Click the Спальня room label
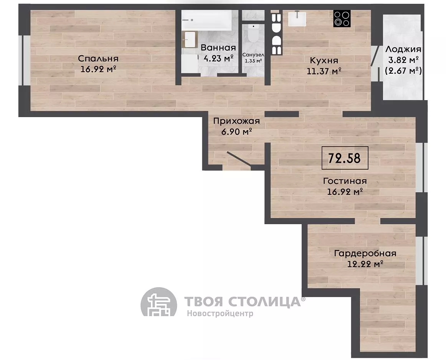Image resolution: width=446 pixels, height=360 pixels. [x=98, y=59]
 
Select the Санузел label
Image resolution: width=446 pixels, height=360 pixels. [x=253, y=54]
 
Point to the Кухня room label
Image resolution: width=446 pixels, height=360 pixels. [x=324, y=61]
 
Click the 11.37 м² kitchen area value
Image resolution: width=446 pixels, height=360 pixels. [x=324, y=71]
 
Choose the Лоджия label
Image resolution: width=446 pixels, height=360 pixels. [x=403, y=50]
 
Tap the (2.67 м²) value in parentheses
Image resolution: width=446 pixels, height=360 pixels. [x=403, y=70]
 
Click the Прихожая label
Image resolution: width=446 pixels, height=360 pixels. [x=237, y=121]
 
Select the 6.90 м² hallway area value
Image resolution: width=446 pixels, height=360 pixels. [x=237, y=132]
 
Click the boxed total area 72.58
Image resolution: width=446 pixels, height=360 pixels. [x=345, y=158]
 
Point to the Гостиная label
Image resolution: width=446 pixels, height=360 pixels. [x=345, y=181]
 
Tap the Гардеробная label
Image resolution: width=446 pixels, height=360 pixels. [x=365, y=253]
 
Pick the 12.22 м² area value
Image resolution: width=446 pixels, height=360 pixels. [x=365, y=264]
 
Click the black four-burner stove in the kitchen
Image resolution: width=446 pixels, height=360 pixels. [x=342, y=19]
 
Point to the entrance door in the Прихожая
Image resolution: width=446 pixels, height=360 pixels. [x=239, y=159]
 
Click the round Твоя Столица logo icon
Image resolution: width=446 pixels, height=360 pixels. [x=159, y=302]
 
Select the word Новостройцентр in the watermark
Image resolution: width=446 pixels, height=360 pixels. [x=220, y=313]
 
